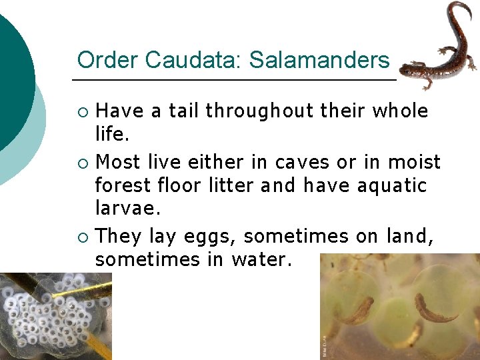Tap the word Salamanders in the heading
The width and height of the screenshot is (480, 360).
click(319, 60)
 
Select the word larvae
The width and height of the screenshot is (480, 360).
click(128, 209)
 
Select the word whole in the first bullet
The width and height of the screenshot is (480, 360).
click(398, 111)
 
